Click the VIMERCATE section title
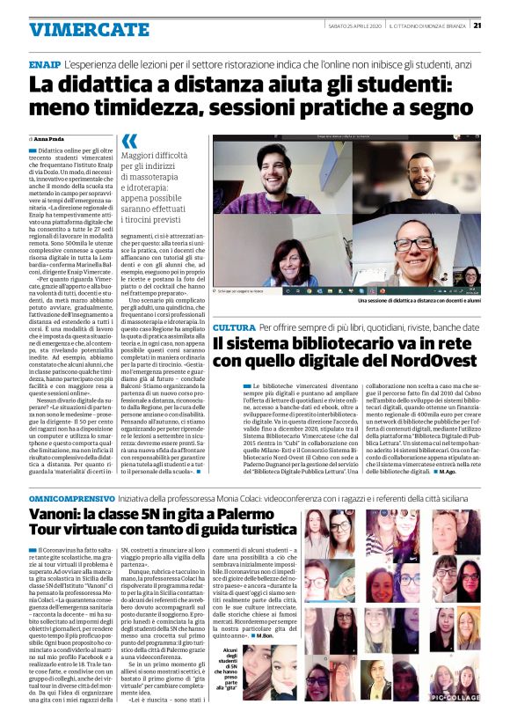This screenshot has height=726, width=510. coord(76,30)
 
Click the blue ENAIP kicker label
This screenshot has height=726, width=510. coord(43,65)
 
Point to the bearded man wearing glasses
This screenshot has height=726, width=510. coord(419,172)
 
